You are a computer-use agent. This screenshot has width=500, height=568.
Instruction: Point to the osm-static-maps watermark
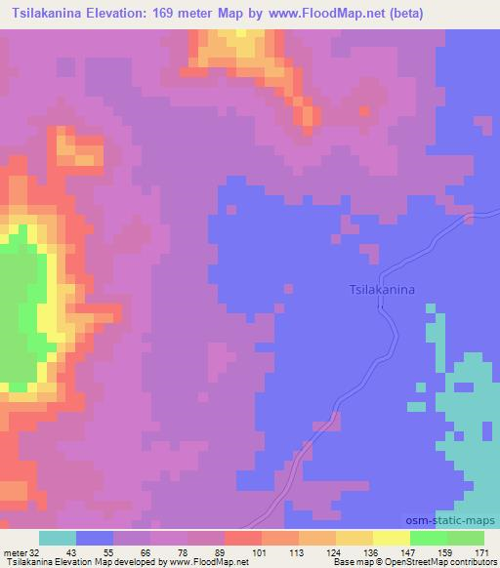pyautogui.click(x=457, y=520)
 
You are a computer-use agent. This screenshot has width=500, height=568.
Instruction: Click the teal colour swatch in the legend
pyautogui.click(x=58, y=538)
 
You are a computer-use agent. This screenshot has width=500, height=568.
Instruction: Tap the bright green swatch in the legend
pyautogui.click(x=429, y=538)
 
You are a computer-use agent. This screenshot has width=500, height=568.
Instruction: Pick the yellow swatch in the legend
pyautogui.click(x=392, y=538)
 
